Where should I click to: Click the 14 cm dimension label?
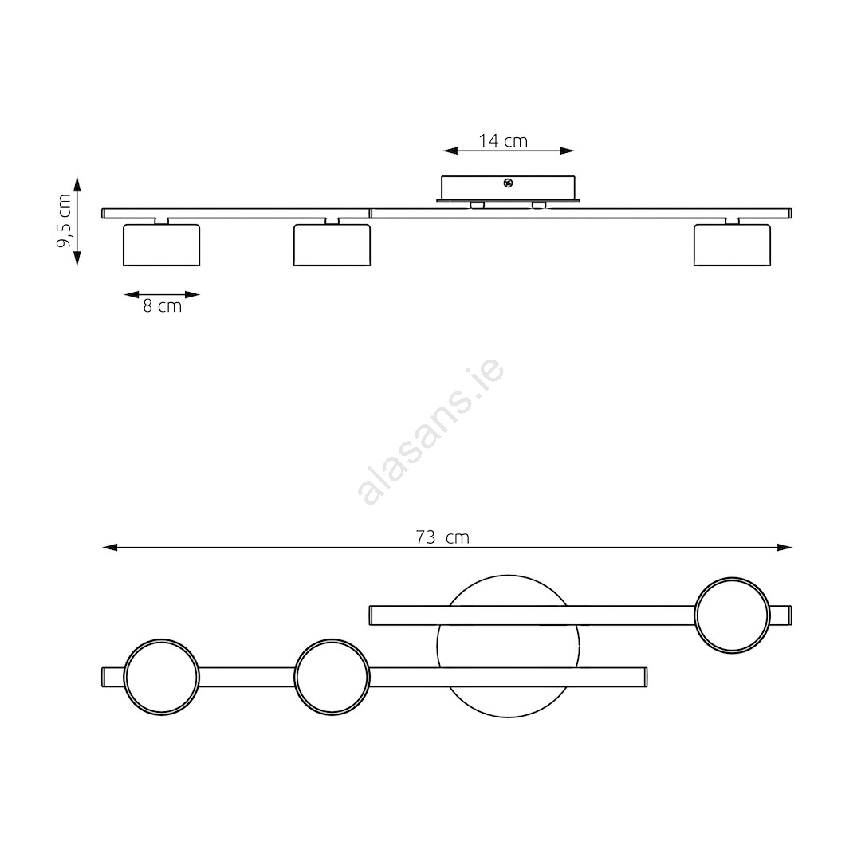[503, 141]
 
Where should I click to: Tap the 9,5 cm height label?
[65, 221]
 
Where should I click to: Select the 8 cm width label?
[162, 306]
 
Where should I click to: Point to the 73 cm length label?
[442, 537]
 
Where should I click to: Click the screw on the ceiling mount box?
[508, 183]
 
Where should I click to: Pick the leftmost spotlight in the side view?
[161, 245]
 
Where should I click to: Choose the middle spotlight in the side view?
[332, 245]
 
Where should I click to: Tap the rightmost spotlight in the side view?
[732, 245]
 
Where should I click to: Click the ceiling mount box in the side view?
[508, 188]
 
